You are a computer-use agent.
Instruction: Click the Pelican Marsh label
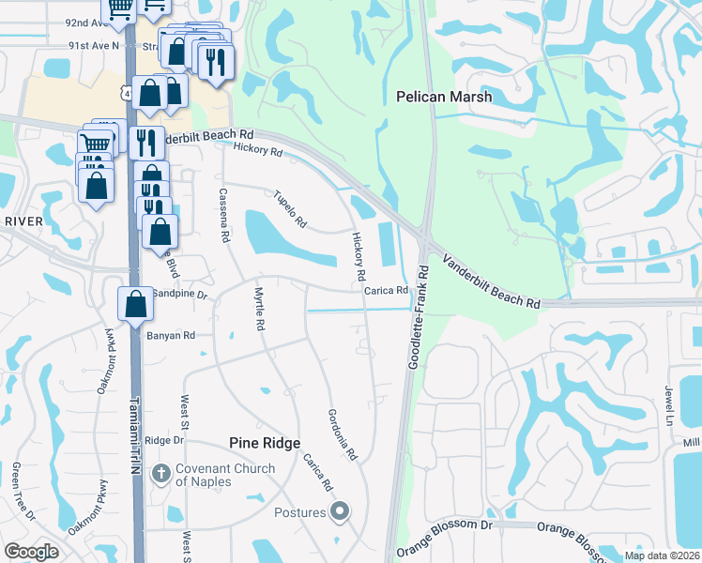(x=439, y=96)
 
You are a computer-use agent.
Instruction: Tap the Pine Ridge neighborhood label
(x=266, y=443)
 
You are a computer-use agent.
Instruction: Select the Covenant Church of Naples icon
(x=160, y=475)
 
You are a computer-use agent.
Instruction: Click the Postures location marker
(x=340, y=512)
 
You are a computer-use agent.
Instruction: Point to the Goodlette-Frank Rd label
(x=418, y=316)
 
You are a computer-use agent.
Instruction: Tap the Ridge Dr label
(x=162, y=440)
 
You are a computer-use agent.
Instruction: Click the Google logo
(x=31, y=552)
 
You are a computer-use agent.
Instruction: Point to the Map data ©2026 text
(x=663, y=555)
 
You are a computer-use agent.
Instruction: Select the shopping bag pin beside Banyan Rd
(x=136, y=304)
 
